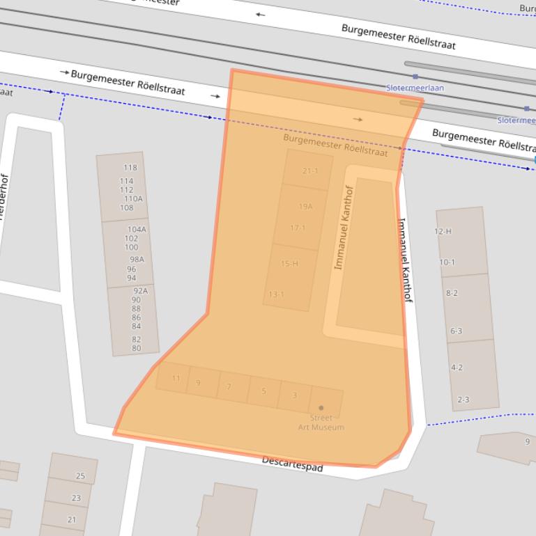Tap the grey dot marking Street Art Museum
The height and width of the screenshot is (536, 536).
(x=321, y=408)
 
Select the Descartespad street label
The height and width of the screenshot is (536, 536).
(x=292, y=464)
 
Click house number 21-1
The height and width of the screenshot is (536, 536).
(x=310, y=171)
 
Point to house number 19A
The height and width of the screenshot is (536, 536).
(x=305, y=207)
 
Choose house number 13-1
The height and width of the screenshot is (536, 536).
(x=277, y=294)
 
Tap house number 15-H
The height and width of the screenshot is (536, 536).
(x=289, y=264)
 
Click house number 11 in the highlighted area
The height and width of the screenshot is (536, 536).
(x=176, y=379)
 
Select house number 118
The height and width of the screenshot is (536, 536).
(x=130, y=168)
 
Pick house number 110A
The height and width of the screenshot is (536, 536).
(x=133, y=198)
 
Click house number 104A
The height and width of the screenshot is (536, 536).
(x=137, y=229)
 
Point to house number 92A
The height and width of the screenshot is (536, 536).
(x=141, y=290)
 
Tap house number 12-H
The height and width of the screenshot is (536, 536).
(x=443, y=231)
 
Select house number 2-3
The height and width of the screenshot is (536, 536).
(x=463, y=400)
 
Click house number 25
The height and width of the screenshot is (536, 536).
(x=80, y=476)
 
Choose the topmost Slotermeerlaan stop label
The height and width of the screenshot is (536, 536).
(x=415, y=88)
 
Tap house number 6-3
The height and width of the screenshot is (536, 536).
(x=456, y=331)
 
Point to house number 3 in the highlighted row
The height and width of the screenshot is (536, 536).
(x=295, y=395)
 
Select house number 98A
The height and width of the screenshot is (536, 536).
(x=136, y=260)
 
